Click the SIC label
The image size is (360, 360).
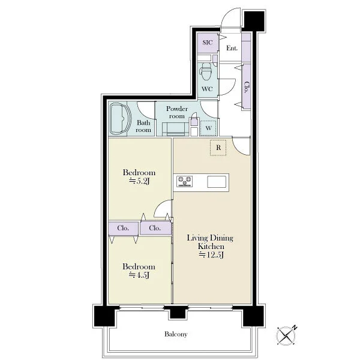coord(208,43)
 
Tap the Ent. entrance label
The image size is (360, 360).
coord(232,48)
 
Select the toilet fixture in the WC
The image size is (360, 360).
coord(206,71)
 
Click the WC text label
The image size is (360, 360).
coord(207,89)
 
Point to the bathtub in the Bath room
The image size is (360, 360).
coord(120,119)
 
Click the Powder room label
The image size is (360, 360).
coord(177,112)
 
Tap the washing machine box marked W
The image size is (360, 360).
coord(208,128)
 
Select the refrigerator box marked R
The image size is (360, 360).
coord(218,148)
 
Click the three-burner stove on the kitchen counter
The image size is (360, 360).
coord(184,181)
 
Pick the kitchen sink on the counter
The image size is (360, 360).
coord(217,182)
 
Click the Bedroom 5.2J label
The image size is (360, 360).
coord(139,177)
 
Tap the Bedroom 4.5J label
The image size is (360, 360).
coord(139,271)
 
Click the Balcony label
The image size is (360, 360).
coord(176,334)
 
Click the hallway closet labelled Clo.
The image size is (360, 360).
coord(247,87)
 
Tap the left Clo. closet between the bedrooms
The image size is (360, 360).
coord(123,228)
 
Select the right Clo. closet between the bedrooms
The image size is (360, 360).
coord(155,228)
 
